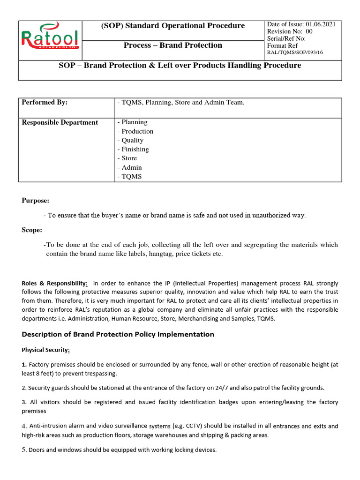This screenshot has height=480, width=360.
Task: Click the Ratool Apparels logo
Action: (50, 38)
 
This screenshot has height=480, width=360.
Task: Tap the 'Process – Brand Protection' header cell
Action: (173, 45)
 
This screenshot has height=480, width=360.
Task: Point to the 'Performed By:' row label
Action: (45, 102)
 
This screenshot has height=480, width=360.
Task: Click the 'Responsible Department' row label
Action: (60, 122)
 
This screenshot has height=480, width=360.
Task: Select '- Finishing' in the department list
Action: (133, 149)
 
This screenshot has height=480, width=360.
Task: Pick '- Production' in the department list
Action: (135, 131)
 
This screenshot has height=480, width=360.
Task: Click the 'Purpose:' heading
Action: (35, 201)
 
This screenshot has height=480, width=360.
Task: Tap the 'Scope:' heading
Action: (32, 230)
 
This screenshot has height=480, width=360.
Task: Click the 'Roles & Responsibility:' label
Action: (55, 284)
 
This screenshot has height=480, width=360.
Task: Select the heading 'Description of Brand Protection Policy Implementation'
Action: (118, 334)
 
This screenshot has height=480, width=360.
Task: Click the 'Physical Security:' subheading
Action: (46, 350)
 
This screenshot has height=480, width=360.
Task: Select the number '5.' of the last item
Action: (24, 450)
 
